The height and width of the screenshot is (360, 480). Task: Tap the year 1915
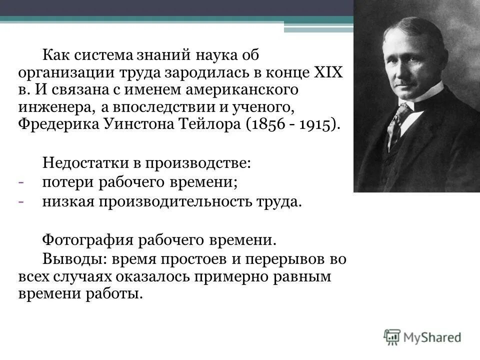(316, 124)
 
